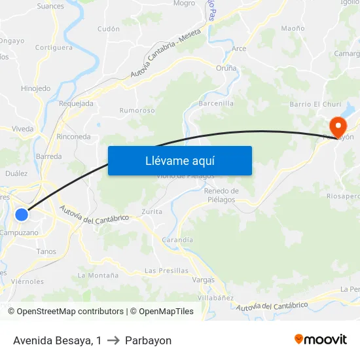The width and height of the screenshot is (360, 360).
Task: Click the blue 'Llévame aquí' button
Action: click(179, 160)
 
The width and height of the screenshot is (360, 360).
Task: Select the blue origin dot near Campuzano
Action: click(22, 214)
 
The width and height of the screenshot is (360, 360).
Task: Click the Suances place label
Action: click(50, 7)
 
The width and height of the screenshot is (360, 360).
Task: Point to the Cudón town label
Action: click(108, 29)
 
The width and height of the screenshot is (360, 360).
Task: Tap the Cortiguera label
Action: click(54, 48)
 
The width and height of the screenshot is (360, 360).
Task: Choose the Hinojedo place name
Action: click(35, 88)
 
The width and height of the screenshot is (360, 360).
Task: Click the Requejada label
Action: click(76, 103)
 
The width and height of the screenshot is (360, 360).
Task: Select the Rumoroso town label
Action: click(137, 111)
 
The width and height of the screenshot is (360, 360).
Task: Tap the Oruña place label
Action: click(226, 67)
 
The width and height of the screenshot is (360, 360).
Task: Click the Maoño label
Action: click(293, 28)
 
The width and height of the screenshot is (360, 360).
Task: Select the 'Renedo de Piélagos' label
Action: click(221, 195)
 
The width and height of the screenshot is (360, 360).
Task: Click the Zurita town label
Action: click(152, 212)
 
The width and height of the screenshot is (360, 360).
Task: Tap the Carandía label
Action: click(177, 240)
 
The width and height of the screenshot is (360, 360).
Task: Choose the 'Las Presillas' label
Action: click(166, 270)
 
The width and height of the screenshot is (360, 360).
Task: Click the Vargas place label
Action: click(204, 279)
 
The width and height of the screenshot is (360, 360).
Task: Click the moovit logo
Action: click(321, 340)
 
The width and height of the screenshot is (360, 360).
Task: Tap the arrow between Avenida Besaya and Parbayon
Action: click(113, 341)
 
